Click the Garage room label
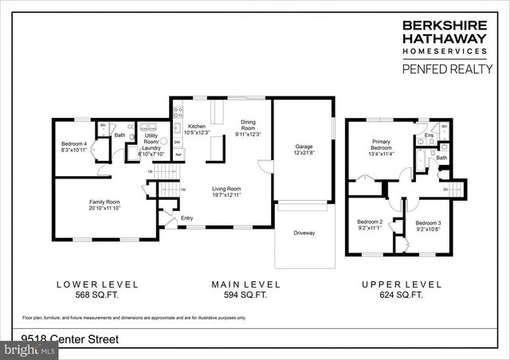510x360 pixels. pyautogui.click(x=304, y=147)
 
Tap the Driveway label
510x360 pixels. pyautogui.click(x=304, y=233)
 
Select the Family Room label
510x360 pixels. pyautogui.click(x=104, y=202)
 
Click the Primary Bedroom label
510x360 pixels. pyautogui.click(x=380, y=144)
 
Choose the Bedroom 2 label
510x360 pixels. pyautogui.click(x=370, y=222)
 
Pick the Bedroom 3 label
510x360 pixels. pyautogui.click(x=428, y=223)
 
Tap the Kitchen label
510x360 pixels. pyautogui.click(x=196, y=126)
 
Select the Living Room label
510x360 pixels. pyautogui.click(x=226, y=189)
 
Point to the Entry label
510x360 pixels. pyautogui.click(x=187, y=217)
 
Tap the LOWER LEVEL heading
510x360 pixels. pyautogui.click(x=97, y=284)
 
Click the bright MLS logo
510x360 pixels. pyautogui.click(x=30, y=350)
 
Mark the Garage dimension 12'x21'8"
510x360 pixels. pyautogui.click(x=304, y=152)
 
